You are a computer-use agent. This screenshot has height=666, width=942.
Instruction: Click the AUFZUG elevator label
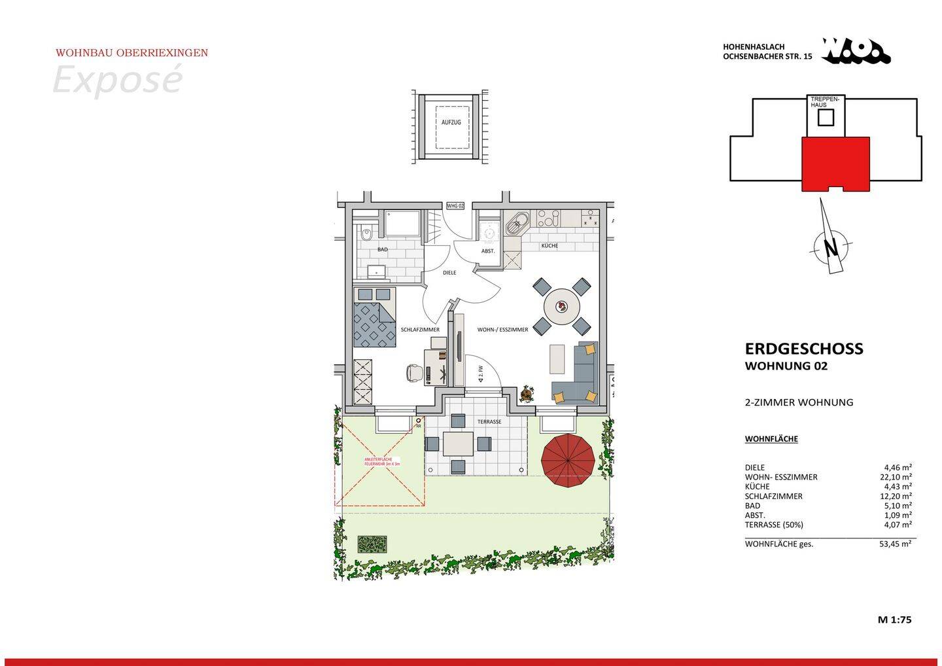pyautogui.click(x=451, y=122)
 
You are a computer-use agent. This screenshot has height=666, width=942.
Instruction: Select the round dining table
pyautogui.click(x=562, y=306)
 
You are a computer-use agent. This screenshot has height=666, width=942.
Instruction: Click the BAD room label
pyautogui.click(x=383, y=250)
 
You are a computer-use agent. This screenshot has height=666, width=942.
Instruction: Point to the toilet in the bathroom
pyautogui.click(x=366, y=232)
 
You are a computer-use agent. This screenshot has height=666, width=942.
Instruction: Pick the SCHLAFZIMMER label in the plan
pyautogui.click(x=420, y=330)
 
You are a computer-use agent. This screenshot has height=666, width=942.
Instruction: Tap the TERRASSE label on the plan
pyautogui.click(x=489, y=422)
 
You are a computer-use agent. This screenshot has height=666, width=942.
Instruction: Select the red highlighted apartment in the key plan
pyautogui.click(x=835, y=163)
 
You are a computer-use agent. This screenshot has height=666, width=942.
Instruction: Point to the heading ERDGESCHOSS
pyautogui.click(x=804, y=349)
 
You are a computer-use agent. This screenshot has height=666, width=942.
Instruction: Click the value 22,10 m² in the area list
pyautogui.click(x=896, y=477)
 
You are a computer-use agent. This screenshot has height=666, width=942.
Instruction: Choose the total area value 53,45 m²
pyautogui.click(x=896, y=544)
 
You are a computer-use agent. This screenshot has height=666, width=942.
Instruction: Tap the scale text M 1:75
pyautogui.click(x=894, y=620)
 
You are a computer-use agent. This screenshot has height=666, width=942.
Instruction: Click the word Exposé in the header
pyautogui.click(x=116, y=80)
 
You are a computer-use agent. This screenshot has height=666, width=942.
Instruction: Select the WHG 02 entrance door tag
pyautogui.click(x=455, y=206)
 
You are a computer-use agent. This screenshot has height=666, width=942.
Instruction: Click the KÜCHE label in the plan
pyautogui.click(x=549, y=246)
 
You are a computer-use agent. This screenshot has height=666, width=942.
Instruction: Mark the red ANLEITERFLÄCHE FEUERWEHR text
pyautogui.click(x=382, y=461)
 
